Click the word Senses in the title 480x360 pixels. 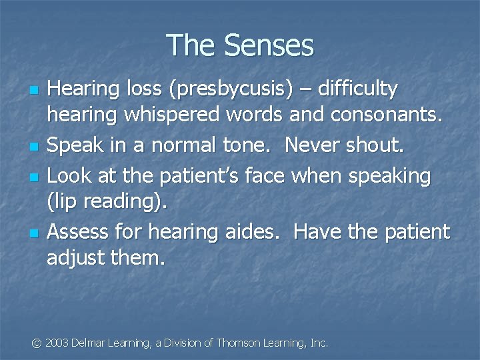point(269,45)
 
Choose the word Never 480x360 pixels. point(311,144)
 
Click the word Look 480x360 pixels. point(67,176)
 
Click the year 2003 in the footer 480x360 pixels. point(57,343)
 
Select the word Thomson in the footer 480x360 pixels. point(237,343)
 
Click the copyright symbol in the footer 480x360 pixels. point(36,343)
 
